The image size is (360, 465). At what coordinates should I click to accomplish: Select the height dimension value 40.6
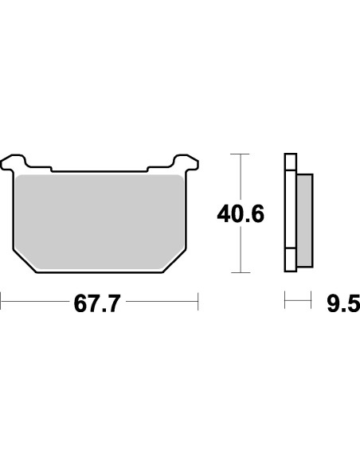pyautogui.click(x=241, y=213)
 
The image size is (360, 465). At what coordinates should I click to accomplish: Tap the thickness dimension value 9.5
pyautogui.click(x=342, y=303)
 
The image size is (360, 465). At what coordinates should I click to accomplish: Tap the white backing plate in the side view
pyautogui.click(x=290, y=211)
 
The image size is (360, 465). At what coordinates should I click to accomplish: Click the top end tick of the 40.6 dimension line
pyautogui.click(x=241, y=153)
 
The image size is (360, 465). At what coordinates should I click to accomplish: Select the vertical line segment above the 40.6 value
pyautogui.click(x=241, y=175)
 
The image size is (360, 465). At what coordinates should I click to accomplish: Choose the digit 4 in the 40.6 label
pyautogui.click(x=225, y=213)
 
